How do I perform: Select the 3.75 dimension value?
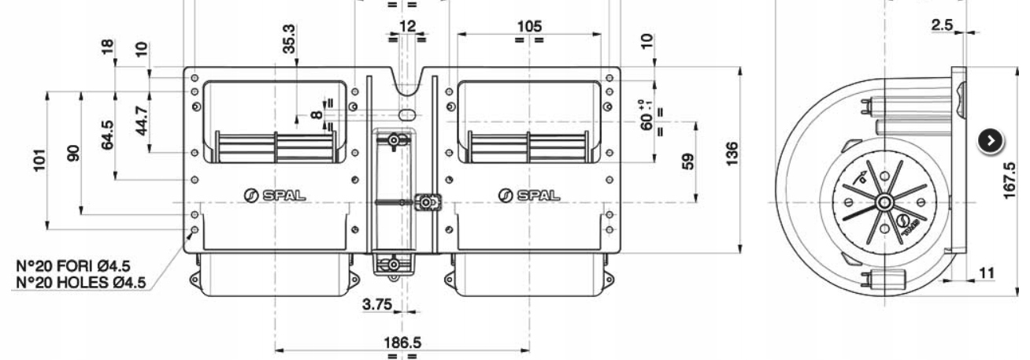click(378, 305)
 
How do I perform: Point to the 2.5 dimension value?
click(942, 25)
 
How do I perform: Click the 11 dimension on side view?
click(985, 273)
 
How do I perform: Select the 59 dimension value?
click(687, 161)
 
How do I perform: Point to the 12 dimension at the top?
click(406, 26)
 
